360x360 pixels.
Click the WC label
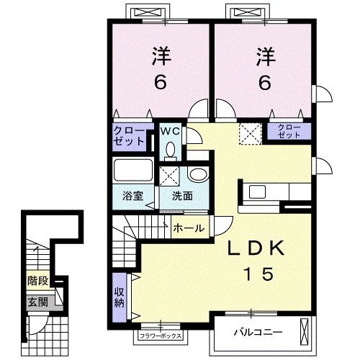[170, 131]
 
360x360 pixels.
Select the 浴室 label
[132, 196]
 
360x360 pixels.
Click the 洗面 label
[182, 196]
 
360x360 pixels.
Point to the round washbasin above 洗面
[198, 174]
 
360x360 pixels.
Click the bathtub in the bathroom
[133, 170]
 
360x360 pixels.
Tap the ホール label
[189, 228]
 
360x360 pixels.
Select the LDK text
[256, 248]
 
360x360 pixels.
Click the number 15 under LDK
[258, 274]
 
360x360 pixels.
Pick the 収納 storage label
[120, 297]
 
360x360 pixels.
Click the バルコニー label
[258, 333]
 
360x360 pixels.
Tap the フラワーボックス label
[161, 336]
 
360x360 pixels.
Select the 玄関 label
[38, 302]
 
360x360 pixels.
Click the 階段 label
[38, 281]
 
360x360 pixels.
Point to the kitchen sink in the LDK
[257, 192]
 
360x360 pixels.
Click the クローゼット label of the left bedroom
[129, 136]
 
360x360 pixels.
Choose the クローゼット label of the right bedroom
[289, 131]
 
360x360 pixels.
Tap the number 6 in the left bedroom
[161, 82]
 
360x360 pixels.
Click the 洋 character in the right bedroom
[266, 57]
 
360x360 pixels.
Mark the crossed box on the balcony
[304, 332]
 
